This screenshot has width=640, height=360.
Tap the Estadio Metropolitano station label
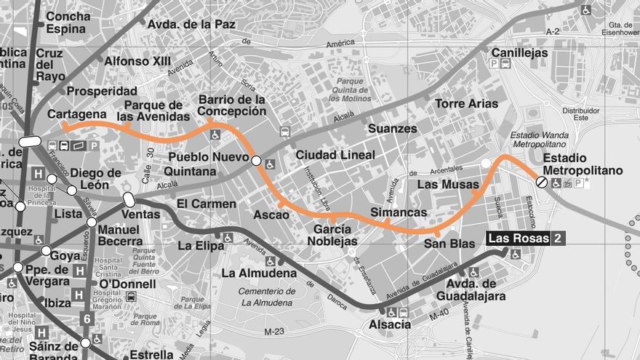[x=583, y=164]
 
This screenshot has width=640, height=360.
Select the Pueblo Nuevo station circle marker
[x=256, y=160]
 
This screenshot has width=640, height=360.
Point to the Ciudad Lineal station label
[x=335, y=155]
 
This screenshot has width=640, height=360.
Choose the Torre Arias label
[x=466, y=103]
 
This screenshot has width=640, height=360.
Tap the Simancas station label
[x=399, y=212]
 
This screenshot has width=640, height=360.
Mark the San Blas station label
[x=449, y=244]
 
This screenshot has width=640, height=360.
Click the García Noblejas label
[x=335, y=235]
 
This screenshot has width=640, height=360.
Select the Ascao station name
[x=271, y=215]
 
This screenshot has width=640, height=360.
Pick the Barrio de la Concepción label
[x=233, y=105]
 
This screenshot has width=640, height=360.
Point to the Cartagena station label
[x=77, y=114]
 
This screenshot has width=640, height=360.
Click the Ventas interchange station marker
[x=129, y=199]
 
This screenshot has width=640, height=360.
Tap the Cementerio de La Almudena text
[x=267, y=297]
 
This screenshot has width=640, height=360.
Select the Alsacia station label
[x=390, y=324]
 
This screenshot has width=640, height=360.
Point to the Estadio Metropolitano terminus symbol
[x=542, y=182]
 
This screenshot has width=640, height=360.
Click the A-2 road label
[x=553, y=31]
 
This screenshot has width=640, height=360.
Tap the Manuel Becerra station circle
[x=92, y=222]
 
